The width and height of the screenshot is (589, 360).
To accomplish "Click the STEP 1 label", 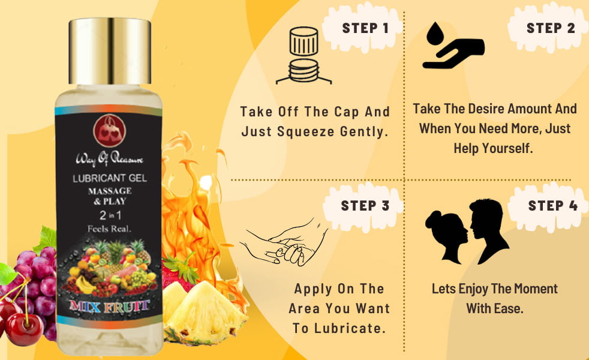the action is (365, 28).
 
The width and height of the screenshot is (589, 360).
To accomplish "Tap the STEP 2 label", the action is (551, 28).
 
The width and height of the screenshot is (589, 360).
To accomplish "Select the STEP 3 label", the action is (365, 206).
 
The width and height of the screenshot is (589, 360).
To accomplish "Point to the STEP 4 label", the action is (553, 206).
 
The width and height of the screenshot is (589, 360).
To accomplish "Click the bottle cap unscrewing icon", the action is (304, 55).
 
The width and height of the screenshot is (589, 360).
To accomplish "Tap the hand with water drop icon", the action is (453, 46).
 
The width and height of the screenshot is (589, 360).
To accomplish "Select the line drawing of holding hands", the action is (284, 242).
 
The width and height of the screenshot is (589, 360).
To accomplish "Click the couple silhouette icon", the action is (467, 231).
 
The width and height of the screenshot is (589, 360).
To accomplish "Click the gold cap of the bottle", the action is (110, 51).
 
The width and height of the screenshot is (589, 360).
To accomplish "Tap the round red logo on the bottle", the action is (110, 131).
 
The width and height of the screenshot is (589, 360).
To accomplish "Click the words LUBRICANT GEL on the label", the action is (110, 178).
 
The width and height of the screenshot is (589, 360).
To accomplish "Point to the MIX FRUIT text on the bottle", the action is (109, 306).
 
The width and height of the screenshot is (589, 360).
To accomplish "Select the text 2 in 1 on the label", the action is (110, 215).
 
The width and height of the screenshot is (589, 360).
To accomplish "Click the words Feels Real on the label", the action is (109, 229).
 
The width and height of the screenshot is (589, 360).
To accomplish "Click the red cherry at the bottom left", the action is (23, 329).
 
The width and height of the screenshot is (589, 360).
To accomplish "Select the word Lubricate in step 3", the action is (350, 328).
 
